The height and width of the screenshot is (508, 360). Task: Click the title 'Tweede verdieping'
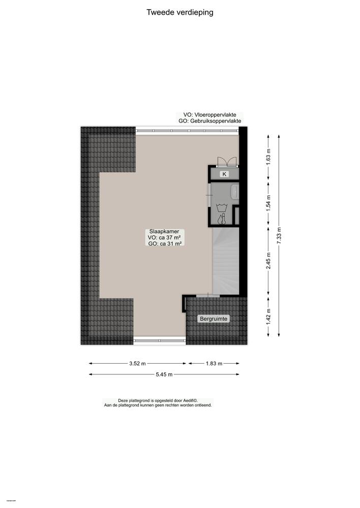tap(179, 12)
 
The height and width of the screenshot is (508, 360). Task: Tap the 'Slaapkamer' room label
tap(164, 230)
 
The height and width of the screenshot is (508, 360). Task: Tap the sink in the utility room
tap(234, 192)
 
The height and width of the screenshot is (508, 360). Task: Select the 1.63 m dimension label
tap(269, 153)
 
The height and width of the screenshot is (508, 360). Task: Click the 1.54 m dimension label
tap(269, 203)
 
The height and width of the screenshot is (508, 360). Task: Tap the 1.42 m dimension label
tap(269, 316)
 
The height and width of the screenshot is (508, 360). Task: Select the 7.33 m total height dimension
tap(280, 235)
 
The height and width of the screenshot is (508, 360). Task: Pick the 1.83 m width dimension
tap(214, 364)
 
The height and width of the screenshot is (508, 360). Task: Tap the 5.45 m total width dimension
tap(163, 374)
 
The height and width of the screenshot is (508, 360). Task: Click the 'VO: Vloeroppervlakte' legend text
tap(210, 115)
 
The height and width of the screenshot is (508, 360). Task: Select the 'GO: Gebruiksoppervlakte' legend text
tap(210, 121)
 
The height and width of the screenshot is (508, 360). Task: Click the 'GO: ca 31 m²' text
tap(164, 244)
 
